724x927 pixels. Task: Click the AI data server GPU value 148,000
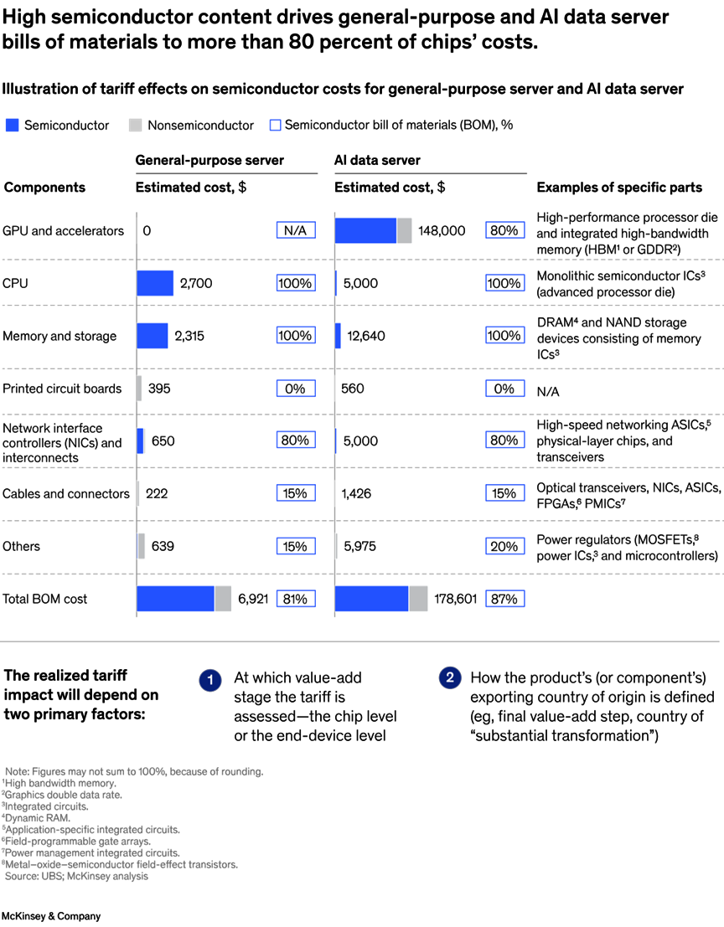pos(442,230)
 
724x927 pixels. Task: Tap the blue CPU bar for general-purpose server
pos(155,283)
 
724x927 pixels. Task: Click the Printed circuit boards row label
pos(62,389)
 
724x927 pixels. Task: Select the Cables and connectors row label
pos(66,493)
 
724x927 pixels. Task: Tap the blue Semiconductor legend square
pos(12,126)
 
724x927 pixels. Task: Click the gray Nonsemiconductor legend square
pos(135,126)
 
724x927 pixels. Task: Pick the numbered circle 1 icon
pos(209,680)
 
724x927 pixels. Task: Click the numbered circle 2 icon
pos(449,678)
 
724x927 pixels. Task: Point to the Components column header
pos(44,188)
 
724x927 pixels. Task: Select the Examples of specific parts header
pos(619,188)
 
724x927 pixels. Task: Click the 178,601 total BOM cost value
pos(456,599)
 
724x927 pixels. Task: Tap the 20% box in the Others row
pos(504,546)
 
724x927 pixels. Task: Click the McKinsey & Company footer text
pos(50,916)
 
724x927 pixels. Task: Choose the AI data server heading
pos(377,160)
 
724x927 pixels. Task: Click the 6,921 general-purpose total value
pos(252,599)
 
